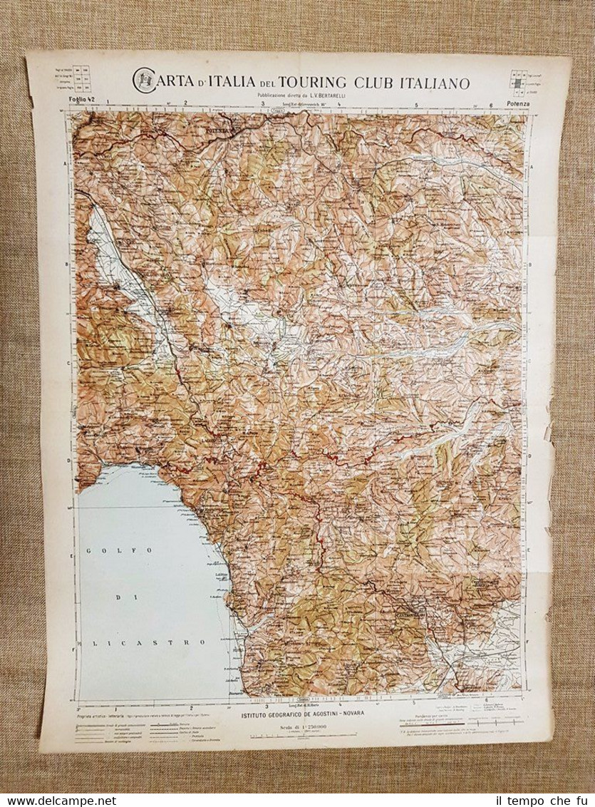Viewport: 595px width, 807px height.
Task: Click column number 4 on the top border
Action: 340,104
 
